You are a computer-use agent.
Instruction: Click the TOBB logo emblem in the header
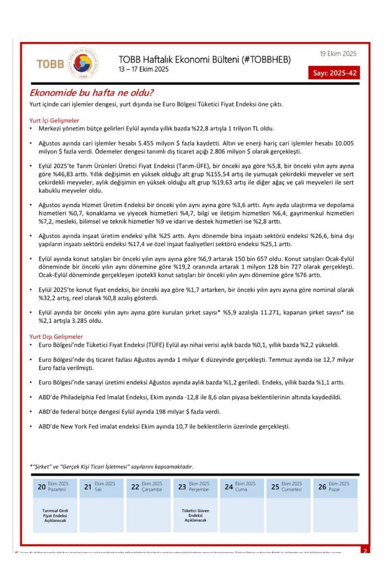[82, 64]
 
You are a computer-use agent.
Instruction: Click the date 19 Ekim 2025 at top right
[338, 53]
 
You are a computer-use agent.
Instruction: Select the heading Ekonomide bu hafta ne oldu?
[91, 93]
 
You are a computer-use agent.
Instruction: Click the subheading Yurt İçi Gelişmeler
[54, 120]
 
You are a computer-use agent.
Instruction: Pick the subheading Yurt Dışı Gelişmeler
[56, 336]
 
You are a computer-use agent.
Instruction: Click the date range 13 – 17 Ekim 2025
[144, 69]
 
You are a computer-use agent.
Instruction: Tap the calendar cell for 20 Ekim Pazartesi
[54, 487]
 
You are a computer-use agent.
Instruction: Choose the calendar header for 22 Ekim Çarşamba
[148, 487]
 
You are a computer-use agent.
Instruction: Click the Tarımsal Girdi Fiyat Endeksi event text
[54, 516]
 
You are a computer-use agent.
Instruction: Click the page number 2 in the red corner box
[365, 550]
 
